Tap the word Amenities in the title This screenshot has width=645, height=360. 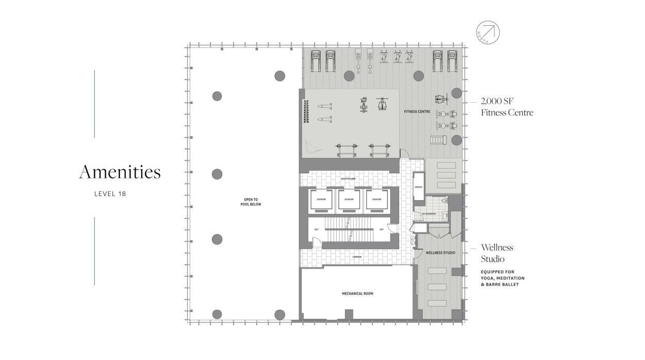click(x=120, y=172)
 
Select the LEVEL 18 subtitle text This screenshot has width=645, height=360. click(x=110, y=194)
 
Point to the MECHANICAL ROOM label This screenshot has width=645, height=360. click(x=357, y=293)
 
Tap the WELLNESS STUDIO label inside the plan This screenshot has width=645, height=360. click(x=440, y=253)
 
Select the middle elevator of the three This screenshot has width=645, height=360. click(x=349, y=200)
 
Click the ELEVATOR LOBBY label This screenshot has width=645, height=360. click(x=349, y=179)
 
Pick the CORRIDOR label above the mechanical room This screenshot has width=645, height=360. click(x=357, y=257)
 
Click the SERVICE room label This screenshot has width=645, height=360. click(x=418, y=187)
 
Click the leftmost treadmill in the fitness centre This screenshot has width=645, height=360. click(x=315, y=61)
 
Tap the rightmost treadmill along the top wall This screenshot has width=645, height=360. click(x=452, y=61)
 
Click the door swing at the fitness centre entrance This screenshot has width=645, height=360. click(x=405, y=154)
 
